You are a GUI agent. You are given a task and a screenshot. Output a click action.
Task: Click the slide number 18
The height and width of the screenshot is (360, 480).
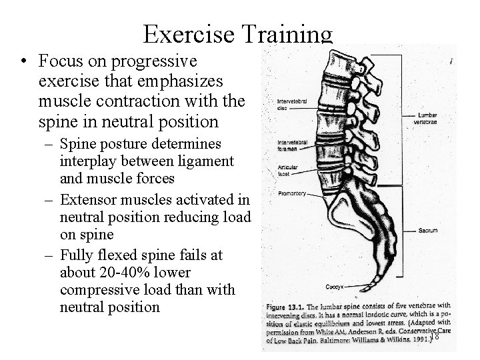434,337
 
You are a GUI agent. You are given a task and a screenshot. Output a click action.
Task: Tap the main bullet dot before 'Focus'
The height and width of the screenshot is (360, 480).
24,63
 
